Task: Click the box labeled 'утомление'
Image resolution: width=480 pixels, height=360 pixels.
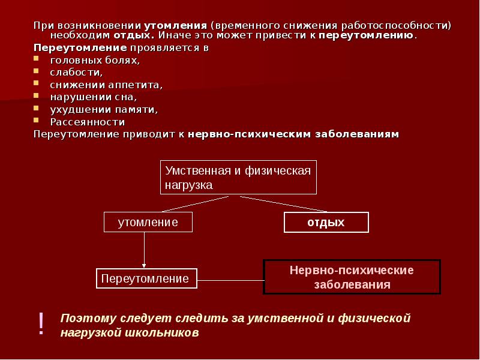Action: point(148,222)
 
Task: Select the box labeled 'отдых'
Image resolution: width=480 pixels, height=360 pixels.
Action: point(326,222)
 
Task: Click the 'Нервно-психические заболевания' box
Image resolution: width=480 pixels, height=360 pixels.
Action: point(352,277)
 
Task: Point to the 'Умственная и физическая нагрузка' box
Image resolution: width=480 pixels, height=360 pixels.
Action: point(238,178)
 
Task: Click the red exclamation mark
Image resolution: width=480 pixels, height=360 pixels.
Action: point(41,324)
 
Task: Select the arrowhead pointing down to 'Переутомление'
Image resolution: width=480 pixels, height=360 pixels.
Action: point(144,264)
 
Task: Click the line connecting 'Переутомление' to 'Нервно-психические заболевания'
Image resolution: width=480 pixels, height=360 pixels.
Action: point(230,280)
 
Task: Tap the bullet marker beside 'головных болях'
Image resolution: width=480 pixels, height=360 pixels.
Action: point(37,60)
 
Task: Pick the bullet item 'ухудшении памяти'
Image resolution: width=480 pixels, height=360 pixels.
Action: point(95,109)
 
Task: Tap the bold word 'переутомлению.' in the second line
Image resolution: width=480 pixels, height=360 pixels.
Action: point(367,36)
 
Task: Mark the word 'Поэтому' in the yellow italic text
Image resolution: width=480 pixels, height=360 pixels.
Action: point(83,317)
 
